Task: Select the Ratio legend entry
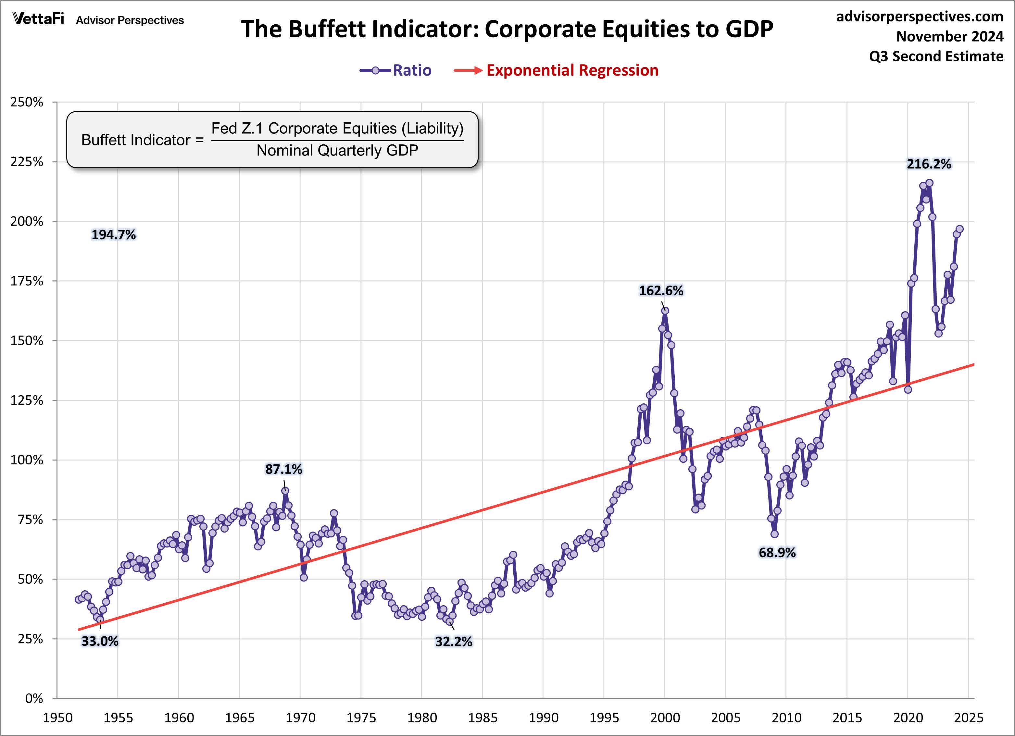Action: pos(395,70)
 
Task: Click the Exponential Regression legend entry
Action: pos(556,70)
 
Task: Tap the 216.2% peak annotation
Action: pos(929,164)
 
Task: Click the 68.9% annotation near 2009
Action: pos(777,553)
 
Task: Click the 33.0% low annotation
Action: pos(100,641)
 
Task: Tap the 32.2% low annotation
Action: pos(453,642)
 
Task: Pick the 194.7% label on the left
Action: pos(113,235)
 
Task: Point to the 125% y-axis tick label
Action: pos(27,400)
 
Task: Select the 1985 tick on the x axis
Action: pos(482,718)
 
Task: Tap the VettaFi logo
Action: pos(38,19)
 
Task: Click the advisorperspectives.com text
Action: pos(920,17)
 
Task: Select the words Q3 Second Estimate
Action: pos(936,56)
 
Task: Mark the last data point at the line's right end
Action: pos(959,229)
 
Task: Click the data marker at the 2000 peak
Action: pos(665,311)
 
